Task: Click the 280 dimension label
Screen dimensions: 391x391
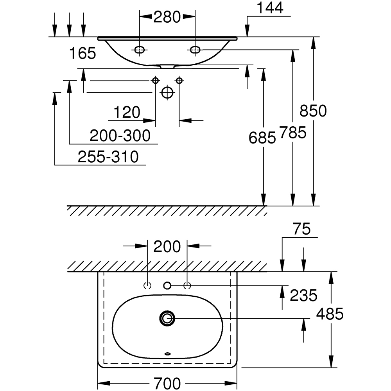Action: click(x=167, y=17)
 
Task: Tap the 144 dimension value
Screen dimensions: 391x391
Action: click(x=270, y=8)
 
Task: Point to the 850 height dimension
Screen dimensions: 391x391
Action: click(x=313, y=111)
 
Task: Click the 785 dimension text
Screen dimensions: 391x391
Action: click(x=292, y=133)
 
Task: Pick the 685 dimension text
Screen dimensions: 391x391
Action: click(x=262, y=137)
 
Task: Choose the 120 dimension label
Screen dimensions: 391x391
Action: click(x=127, y=113)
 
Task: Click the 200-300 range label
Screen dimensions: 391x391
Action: click(x=120, y=136)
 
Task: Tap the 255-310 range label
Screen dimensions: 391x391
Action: click(x=108, y=157)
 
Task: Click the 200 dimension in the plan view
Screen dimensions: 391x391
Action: click(x=167, y=247)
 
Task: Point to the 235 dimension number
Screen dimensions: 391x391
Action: click(x=303, y=296)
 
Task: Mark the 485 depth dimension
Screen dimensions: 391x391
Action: click(x=330, y=314)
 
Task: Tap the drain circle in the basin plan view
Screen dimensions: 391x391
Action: click(x=167, y=318)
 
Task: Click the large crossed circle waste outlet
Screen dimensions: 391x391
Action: click(x=167, y=93)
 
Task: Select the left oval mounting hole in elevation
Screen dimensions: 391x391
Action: click(x=139, y=50)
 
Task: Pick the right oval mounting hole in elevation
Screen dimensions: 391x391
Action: click(x=195, y=50)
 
